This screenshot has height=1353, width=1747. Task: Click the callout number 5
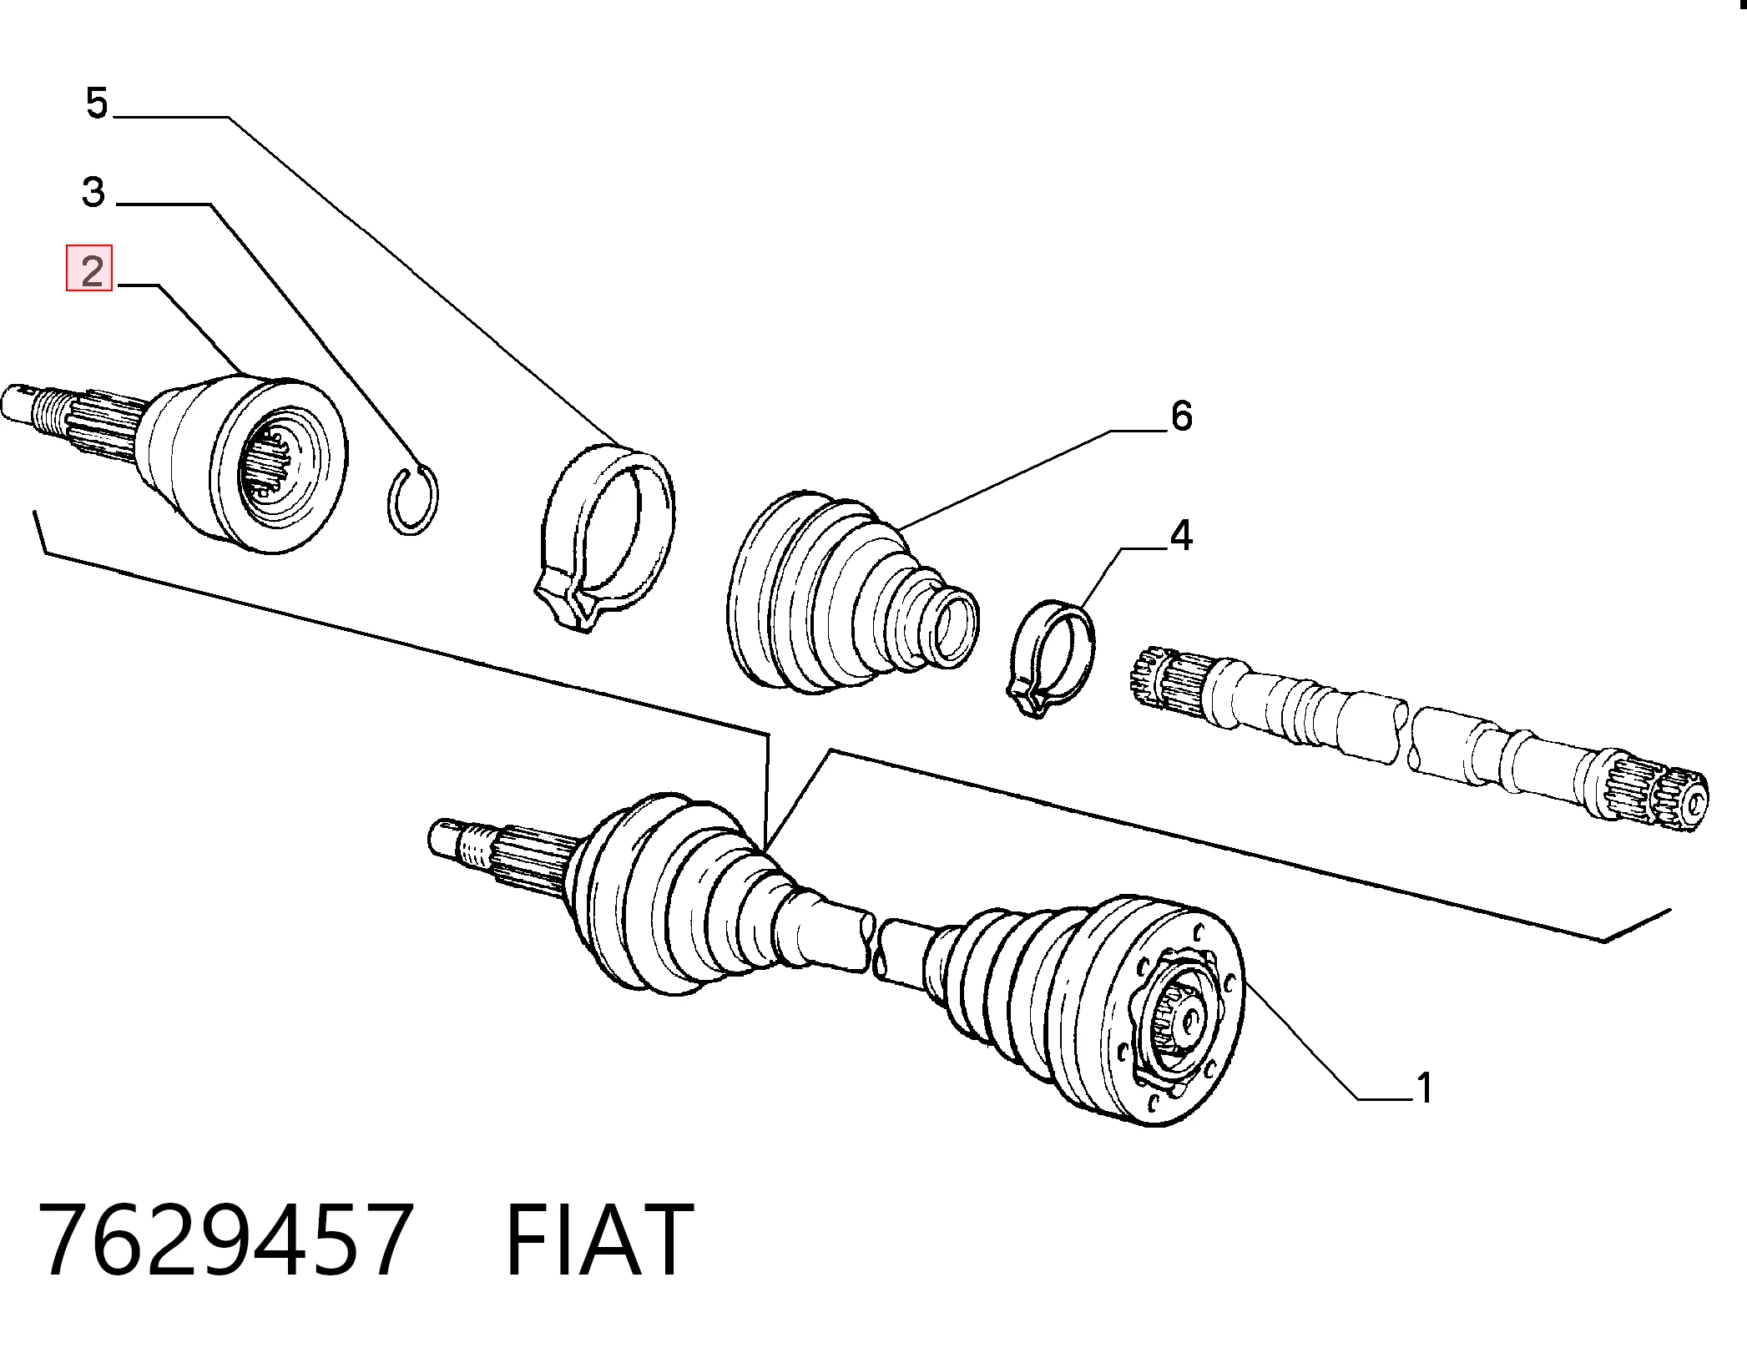[x=97, y=103]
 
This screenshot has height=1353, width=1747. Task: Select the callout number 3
[x=93, y=192]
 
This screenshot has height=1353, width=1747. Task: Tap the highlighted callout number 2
[x=89, y=269]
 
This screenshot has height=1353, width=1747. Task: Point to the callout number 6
[x=1181, y=416]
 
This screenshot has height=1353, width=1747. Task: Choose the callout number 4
[x=1180, y=535]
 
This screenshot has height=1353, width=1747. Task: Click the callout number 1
[x=1424, y=1088]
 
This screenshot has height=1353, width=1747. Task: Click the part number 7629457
[x=225, y=1239]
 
